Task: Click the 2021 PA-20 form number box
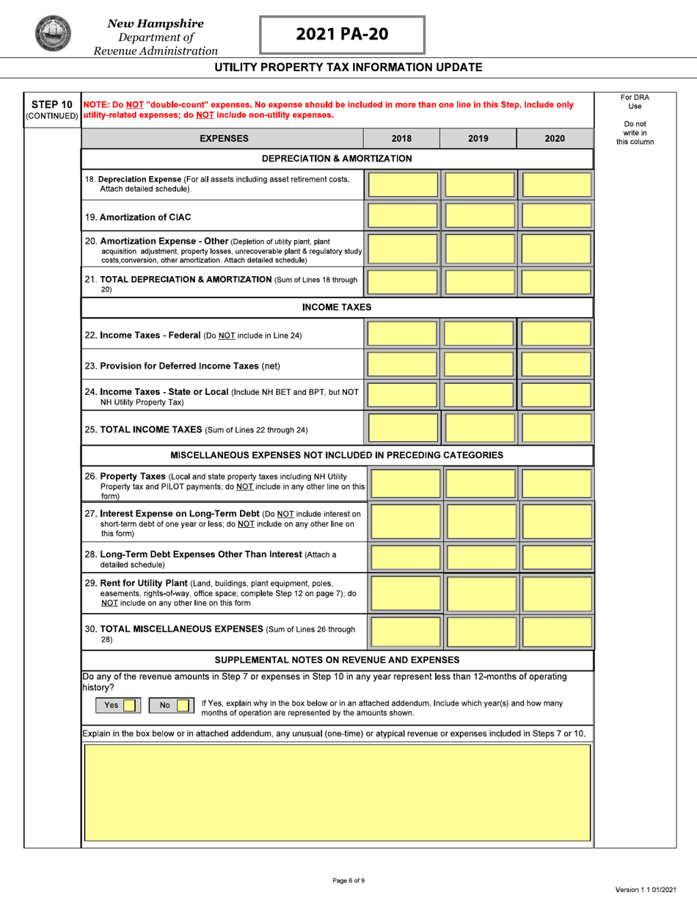[x=342, y=35]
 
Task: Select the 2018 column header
[x=401, y=138]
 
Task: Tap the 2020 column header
[x=555, y=138]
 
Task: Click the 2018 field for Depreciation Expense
[x=403, y=184]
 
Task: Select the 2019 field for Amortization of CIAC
[x=479, y=217]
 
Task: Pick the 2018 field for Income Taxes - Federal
[x=403, y=335]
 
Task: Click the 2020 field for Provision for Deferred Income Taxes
[x=555, y=366]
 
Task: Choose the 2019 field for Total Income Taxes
[x=479, y=427]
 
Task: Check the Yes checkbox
[x=128, y=706]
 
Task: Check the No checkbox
[x=183, y=706]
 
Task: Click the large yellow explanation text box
[x=337, y=792]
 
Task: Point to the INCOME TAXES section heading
[x=337, y=307]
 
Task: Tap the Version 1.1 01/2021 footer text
[x=645, y=889]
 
